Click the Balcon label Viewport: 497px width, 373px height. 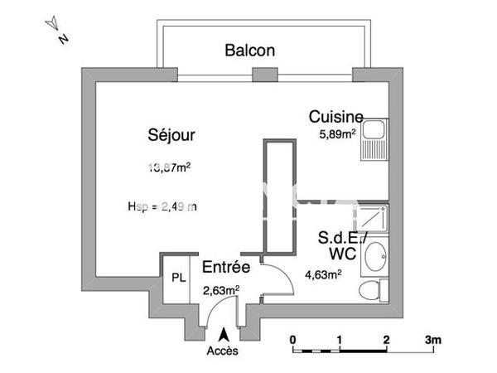249,51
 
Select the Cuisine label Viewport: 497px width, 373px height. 335,116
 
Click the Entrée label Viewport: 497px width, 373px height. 226,268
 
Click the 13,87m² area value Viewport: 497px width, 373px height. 169,166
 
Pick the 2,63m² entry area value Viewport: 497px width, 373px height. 221,289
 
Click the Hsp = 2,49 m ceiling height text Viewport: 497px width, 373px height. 162,206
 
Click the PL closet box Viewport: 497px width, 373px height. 178,278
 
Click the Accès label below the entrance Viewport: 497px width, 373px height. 222,351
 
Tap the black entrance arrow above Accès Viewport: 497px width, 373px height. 222,334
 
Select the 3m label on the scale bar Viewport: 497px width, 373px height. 433,340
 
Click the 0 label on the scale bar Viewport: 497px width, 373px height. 292,340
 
